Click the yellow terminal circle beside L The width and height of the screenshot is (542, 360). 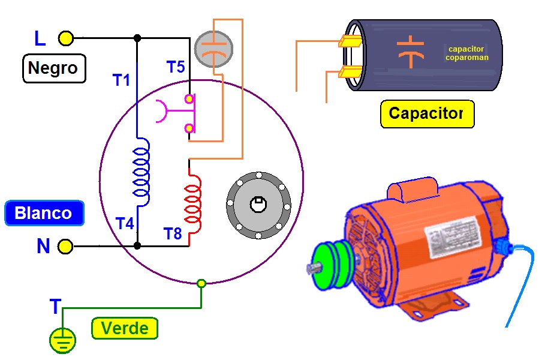[66, 39]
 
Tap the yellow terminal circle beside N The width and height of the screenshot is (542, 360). [65, 246]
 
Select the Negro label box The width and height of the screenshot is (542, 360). [54, 68]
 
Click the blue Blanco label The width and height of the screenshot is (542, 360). [43, 213]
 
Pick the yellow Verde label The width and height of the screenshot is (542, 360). [125, 328]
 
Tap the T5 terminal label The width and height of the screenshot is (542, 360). [175, 67]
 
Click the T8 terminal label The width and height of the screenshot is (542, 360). [172, 234]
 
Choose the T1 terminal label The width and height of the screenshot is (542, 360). [121, 79]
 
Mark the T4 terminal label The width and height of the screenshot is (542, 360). [124, 224]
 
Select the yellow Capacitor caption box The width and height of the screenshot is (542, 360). [427, 113]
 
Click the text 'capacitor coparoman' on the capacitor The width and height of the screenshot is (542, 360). [466, 53]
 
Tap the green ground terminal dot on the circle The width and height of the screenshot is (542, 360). [201, 283]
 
